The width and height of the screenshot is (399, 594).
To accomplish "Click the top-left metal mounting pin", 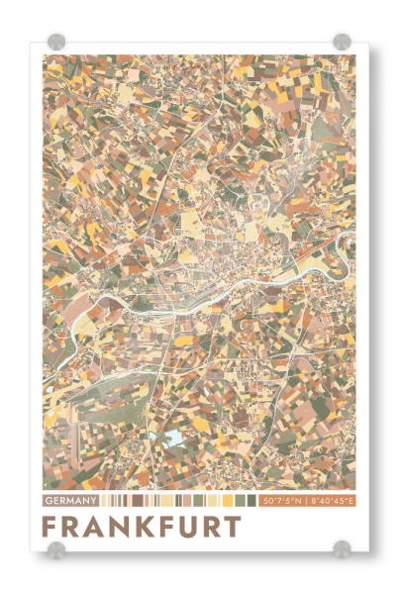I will pos(56,42).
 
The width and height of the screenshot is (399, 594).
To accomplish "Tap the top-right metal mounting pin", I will pos(342,42).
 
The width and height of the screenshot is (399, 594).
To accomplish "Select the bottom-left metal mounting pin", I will pos(56,549).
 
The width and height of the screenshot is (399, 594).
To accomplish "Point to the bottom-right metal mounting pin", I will pos(342,549).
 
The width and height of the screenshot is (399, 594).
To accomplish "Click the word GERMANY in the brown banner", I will pos(70,501).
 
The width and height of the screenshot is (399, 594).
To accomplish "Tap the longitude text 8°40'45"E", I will pos(332,501).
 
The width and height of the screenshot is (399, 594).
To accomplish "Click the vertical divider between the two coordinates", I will pos(306,501).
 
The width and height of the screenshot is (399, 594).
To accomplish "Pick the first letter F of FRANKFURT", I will pos(51,525).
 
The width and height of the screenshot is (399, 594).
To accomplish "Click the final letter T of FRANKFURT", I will pos(231,525).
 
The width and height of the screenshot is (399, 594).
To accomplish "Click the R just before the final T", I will pos(207,525).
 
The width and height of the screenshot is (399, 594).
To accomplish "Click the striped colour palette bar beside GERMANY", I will pos(178,501).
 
